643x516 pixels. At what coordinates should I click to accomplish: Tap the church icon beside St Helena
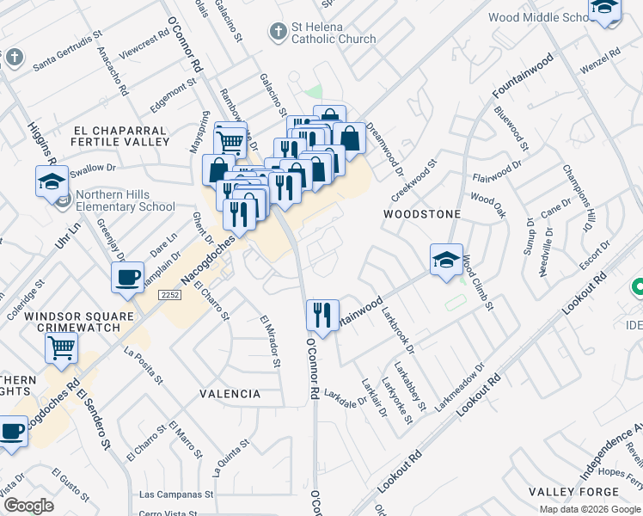click(x=277, y=33)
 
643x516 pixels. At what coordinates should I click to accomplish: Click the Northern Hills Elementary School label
click(x=125, y=200)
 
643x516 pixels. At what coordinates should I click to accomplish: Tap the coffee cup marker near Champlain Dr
click(x=127, y=278)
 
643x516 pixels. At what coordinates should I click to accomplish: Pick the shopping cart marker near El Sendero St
click(x=61, y=348)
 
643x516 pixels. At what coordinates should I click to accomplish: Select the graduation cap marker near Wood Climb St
click(x=447, y=261)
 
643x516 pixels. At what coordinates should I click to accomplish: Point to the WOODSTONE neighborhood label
click(x=422, y=213)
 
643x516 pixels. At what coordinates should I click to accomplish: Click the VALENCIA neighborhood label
click(x=230, y=394)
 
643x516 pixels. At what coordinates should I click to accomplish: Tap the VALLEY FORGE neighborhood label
click(x=562, y=491)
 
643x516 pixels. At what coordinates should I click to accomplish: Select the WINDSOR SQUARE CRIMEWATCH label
click(x=79, y=322)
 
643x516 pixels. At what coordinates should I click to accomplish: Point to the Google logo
click(x=28, y=506)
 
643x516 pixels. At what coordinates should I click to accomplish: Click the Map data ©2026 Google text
click(x=590, y=509)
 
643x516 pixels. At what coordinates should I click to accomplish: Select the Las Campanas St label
click(x=175, y=494)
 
